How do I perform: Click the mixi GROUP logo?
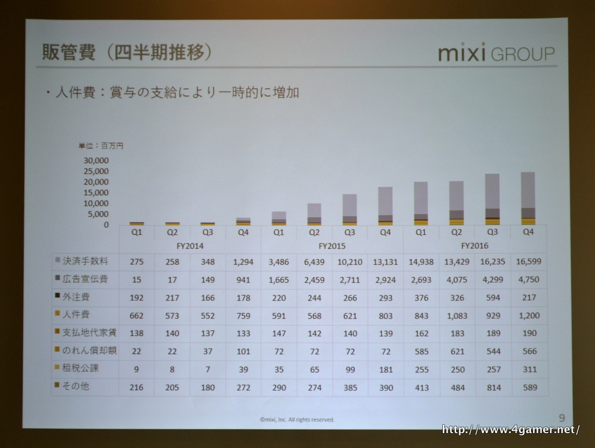496,53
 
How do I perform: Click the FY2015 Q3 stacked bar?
350,209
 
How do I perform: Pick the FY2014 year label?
190,246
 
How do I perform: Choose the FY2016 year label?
475,246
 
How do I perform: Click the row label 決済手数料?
85,261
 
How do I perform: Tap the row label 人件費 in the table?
77,315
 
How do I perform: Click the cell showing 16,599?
529,261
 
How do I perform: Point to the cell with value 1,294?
243,261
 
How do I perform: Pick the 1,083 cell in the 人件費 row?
457,315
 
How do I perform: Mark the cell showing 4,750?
529,279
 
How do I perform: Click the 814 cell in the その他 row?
493,387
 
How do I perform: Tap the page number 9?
561,418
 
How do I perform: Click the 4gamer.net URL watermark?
510,430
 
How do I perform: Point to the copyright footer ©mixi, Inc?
297,419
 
